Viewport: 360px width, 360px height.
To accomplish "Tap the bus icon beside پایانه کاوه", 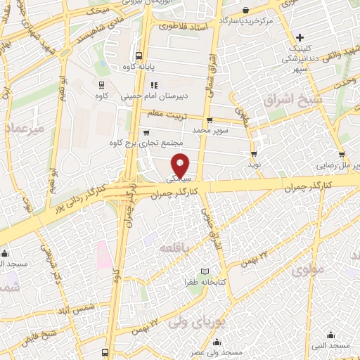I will [x=139, y=55].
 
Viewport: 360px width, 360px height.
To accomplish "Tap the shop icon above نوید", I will [x=253, y=153].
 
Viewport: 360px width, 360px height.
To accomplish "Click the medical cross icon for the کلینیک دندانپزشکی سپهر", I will [x=300, y=37].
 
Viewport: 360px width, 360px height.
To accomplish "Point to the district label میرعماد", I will [x=24, y=129].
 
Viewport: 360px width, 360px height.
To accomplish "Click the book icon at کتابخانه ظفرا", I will [x=205, y=272].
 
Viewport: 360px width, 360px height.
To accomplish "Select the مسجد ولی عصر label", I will [x=217, y=350].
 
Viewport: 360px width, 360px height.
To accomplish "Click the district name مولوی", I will [x=309, y=269].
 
